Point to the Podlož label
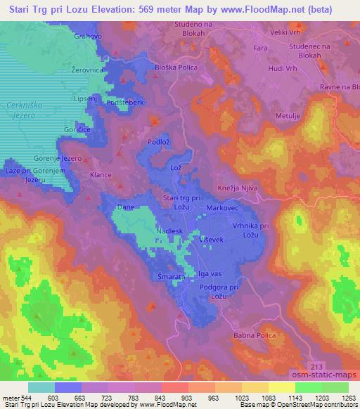coord(157,143)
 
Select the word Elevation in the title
coord(115,9)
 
